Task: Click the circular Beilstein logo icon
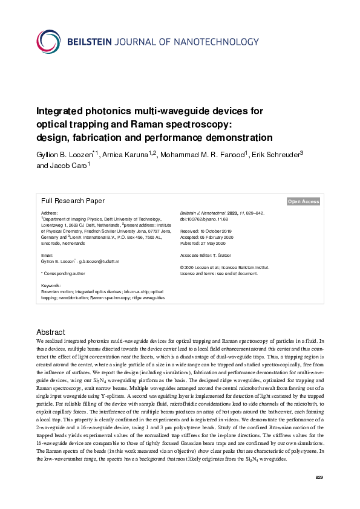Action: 48,42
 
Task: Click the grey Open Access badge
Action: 303,201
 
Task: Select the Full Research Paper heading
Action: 73,201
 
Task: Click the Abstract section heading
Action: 50,332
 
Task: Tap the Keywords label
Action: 51,285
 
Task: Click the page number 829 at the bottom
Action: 319,478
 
